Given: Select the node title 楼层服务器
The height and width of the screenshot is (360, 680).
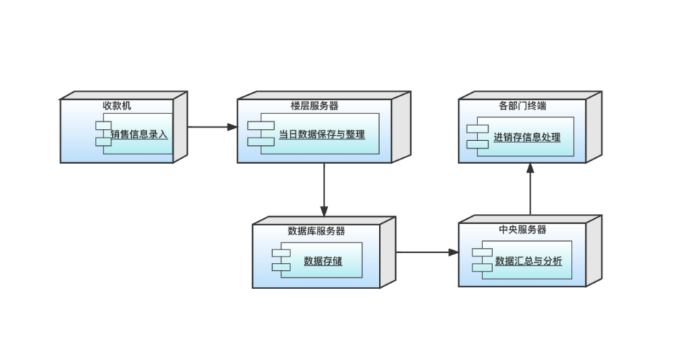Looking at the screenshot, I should (314, 106).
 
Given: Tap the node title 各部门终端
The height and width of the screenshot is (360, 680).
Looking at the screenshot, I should (522, 106).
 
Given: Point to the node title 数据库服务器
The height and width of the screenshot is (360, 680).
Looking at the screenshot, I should (317, 231).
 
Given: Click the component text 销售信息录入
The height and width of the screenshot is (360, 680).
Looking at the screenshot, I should (140, 133).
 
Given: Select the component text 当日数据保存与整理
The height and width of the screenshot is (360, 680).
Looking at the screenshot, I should (322, 133).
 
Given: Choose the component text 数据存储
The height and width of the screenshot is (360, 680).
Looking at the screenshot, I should (323, 260).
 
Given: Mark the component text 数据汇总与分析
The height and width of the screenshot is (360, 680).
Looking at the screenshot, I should (528, 261).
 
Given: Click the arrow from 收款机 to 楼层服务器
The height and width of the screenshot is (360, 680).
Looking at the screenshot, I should (212, 128).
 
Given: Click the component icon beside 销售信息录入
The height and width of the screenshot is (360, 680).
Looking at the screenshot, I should (104, 134).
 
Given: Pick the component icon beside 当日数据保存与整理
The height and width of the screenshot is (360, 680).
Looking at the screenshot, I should (261, 134).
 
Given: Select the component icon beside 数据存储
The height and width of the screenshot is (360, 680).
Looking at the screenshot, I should (281, 260).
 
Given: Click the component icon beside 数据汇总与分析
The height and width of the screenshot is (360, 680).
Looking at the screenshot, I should (483, 260).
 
